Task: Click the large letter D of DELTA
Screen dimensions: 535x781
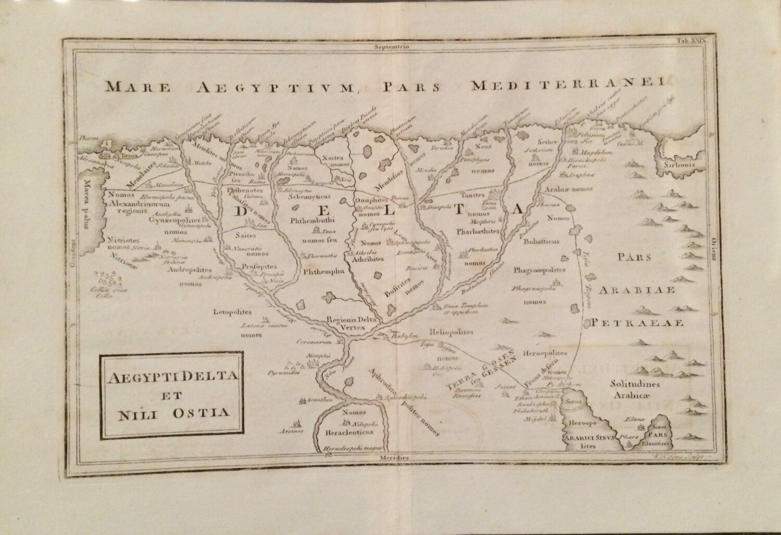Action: point(243,211)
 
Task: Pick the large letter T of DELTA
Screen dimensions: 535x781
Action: point(458,209)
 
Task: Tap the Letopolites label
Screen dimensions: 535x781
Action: point(232,312)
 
